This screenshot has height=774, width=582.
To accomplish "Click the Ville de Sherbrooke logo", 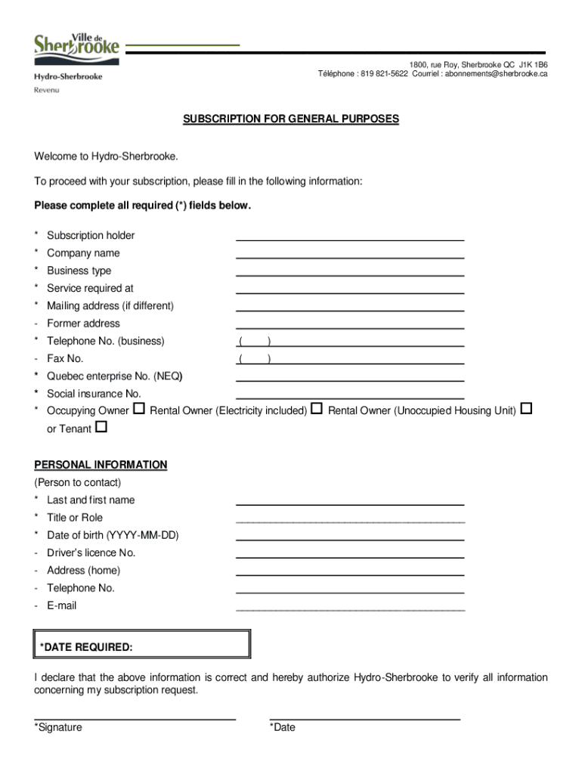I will point(76,45).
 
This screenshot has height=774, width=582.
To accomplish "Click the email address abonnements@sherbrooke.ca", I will point(496,74).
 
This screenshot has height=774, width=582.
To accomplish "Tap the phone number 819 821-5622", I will point(384,74).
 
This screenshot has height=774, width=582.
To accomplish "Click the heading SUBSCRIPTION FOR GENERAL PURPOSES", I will point(291,119).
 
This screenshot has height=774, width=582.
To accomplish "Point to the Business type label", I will point(79,271).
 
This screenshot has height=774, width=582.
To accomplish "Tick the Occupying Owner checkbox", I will point(139,410).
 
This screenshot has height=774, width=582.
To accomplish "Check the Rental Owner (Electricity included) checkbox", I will point(317,410).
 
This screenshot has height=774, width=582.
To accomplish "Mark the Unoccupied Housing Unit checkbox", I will point(527,410).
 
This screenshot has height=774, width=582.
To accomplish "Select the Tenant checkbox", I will point(101,428).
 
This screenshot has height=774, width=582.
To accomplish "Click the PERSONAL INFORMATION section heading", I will point(101,465).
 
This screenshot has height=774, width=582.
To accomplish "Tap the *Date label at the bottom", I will point(283,728).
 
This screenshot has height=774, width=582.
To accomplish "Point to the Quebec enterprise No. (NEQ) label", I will point(114,376).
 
